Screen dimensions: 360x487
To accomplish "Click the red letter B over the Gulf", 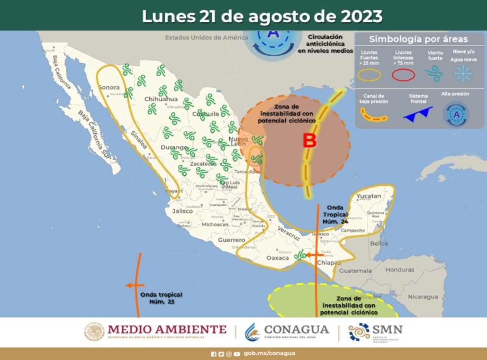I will (x=310, y=141).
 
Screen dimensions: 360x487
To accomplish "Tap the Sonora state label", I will (x=109, y=87).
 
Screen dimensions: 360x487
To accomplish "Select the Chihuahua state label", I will (x=161, y=99).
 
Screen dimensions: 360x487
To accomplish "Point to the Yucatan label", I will (x=369, y=196).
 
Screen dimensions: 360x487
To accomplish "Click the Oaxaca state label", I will (x=277, y=258).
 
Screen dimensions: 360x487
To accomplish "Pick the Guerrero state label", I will (x=231, y=240).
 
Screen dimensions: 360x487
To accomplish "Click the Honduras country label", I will (x=400, y=269).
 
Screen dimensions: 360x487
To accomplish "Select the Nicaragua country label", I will (x=423, y=297).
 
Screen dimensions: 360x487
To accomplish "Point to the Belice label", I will (x=379, y=244).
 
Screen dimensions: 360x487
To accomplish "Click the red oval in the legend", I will (x=403, y=75).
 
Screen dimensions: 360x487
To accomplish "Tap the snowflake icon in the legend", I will (x=462, y=73).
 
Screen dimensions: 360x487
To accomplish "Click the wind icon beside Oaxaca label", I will (x=300, y=255).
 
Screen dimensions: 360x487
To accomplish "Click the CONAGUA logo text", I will (x=296, y=329).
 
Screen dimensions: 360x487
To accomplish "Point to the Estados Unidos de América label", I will (x=206, y=38).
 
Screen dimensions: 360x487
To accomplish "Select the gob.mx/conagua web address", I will (x=269, y=354).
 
